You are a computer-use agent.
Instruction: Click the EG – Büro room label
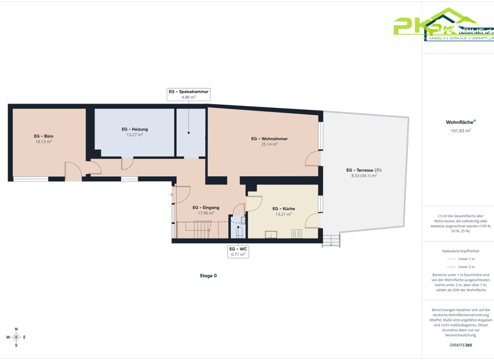click(43, 136)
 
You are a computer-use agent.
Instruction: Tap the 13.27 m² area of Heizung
click(134, 135)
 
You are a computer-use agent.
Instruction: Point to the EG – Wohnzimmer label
click(269, 139)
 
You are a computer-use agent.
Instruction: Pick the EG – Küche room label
click(283, 209)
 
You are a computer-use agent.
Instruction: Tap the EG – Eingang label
click(206, 208)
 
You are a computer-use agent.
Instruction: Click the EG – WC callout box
click(238, 251)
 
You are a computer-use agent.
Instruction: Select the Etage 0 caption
click(208, 276)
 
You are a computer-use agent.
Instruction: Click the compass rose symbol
click(16, 337)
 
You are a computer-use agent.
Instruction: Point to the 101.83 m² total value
click(461, 130)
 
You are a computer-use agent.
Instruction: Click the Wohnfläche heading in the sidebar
click(459, 122)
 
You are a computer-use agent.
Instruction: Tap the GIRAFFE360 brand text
click(461, 345)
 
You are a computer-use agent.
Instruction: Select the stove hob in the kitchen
click(297, 234)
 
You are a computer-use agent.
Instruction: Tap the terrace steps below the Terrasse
click(331, 241)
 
